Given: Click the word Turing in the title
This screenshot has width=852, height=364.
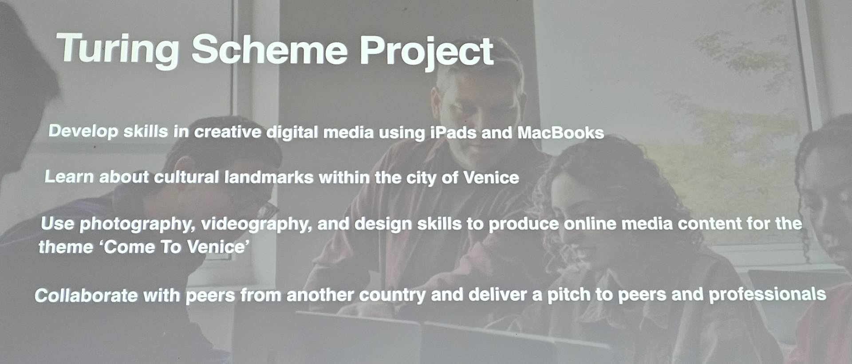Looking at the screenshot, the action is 118,50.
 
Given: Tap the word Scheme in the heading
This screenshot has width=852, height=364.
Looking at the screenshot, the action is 269,49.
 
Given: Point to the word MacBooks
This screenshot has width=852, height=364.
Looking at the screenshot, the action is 560,133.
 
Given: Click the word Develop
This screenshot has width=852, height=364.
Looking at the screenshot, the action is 83,131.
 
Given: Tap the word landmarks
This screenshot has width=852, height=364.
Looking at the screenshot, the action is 269,177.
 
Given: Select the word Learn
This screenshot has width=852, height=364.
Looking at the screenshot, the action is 69,177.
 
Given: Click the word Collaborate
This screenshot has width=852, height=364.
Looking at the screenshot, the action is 86,295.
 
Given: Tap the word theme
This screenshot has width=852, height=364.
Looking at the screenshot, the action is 66,247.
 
